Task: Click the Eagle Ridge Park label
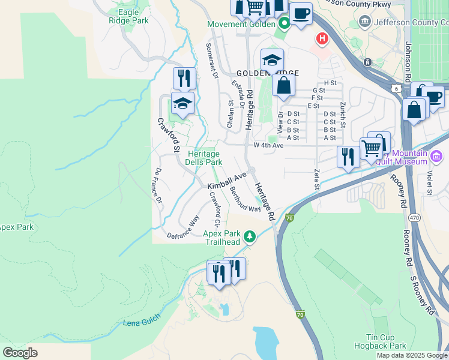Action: [128, 16]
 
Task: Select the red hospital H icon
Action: [322, 39]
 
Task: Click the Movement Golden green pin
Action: [284, 24]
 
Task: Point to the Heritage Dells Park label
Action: [205, 158]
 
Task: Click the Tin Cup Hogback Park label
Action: [385, 342]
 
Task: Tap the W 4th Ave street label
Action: [268, 145]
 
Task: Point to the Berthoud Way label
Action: [246, 200]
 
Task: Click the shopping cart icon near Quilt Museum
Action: [372, 146]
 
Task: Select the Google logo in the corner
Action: [20, 352]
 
